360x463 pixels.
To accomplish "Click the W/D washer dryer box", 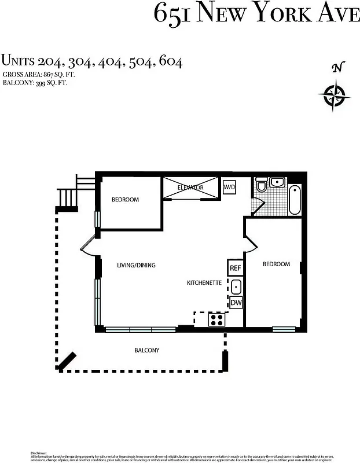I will tap(230, 188).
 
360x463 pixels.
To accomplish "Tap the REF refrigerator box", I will tap(236, 268).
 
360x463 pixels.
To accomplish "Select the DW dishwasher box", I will tap(236, 302).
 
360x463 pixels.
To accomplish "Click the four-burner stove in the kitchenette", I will tap(217, 319).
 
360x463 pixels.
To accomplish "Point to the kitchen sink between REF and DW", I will tap(236, 285).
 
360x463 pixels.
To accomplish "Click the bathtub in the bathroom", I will tap(294, 199).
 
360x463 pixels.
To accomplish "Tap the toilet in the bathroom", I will tap(262, 185).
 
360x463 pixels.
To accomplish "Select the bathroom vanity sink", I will tap(278, 182).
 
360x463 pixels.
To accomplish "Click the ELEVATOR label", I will tap(190, 188).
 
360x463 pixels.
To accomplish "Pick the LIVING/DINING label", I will tap(136, 265).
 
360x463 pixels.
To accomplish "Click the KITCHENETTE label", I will tap(204, 283).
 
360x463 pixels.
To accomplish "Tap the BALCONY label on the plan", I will tap(147, 350).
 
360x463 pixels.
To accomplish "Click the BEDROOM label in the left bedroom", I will tap(125, 200).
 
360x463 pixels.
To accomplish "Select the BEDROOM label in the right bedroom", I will tap(276, 264).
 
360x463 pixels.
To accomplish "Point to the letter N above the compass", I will tap(336, 68).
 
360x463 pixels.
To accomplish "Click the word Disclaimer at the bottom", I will tap(38, 452).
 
